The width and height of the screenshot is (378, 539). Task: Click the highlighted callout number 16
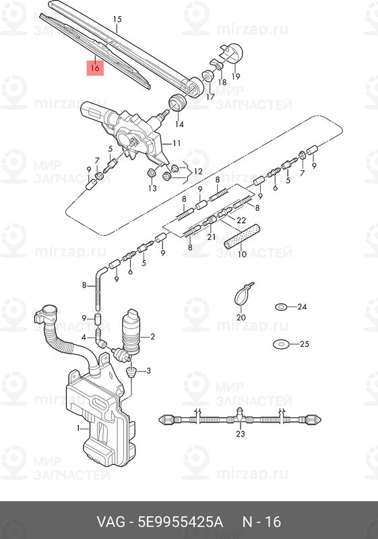pos(94,68)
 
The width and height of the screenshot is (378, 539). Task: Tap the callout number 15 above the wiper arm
pos(117,20)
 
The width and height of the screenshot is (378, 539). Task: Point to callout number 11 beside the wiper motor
pos(177,144)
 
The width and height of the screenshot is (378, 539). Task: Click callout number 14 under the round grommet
pos(179,124)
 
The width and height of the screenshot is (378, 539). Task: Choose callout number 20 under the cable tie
pos(241,317)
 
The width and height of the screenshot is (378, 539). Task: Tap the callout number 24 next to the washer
pos(302,307)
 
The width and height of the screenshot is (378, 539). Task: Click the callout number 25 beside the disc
pos(304,344)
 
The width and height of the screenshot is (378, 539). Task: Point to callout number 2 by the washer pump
pos(153,336)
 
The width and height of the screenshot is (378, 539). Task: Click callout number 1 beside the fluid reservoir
pos(78,428)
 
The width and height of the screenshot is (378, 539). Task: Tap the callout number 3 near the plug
pos(149,371)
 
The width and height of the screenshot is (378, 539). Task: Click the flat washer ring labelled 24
pos(281,307)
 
